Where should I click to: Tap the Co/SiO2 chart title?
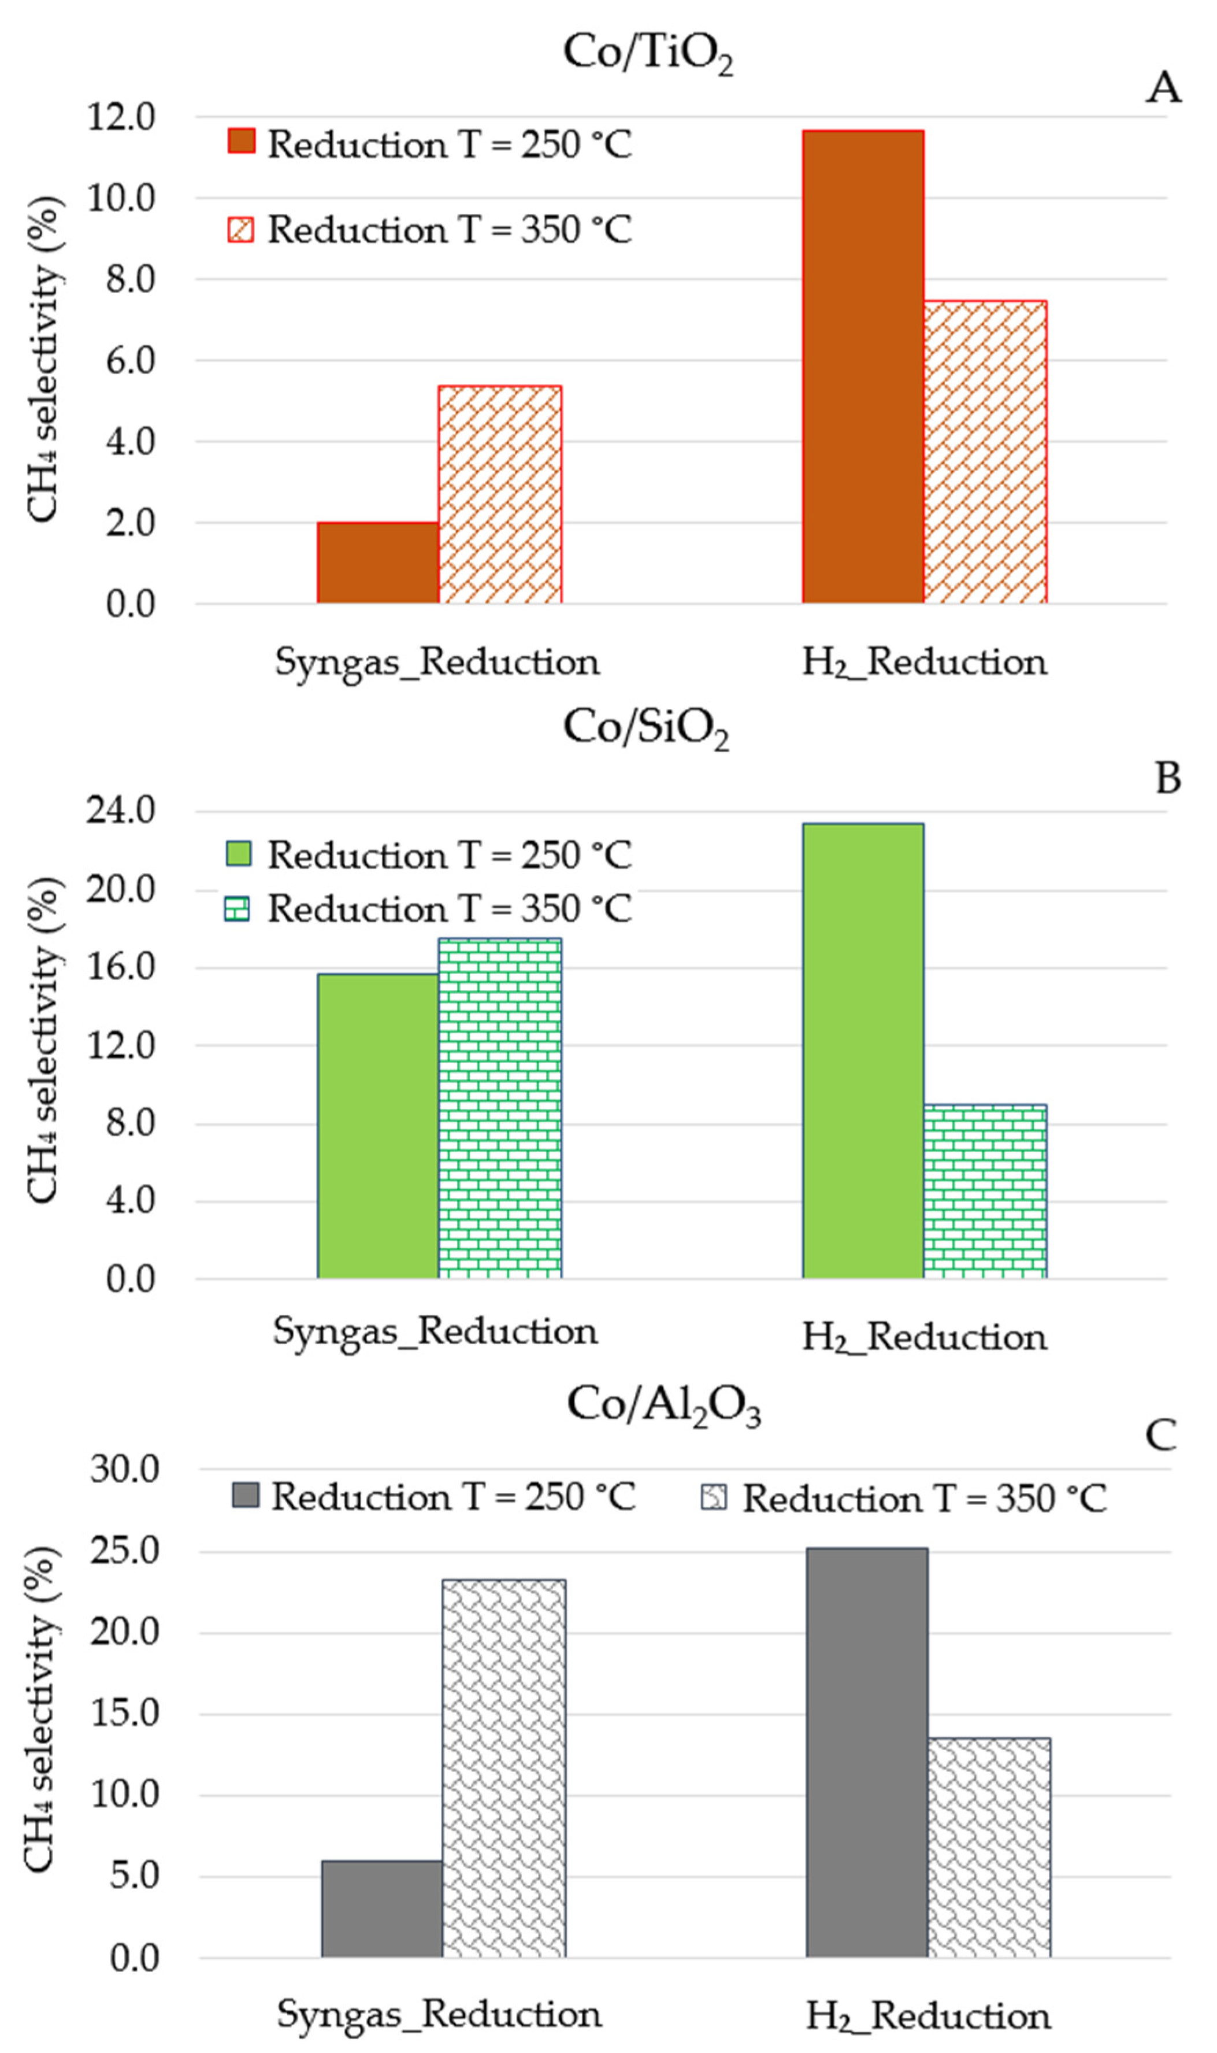pos(645,727)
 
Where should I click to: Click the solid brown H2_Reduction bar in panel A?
pos(863,367)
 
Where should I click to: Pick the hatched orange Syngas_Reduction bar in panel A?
pos(499,494)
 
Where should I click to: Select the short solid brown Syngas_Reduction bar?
pos(378,563)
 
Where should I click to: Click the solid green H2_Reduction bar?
pos(863,1050)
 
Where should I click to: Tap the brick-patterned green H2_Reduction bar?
pos(985,1191)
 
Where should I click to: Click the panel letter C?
pos(1160,1436)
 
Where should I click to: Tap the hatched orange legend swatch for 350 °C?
pos(241,229)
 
